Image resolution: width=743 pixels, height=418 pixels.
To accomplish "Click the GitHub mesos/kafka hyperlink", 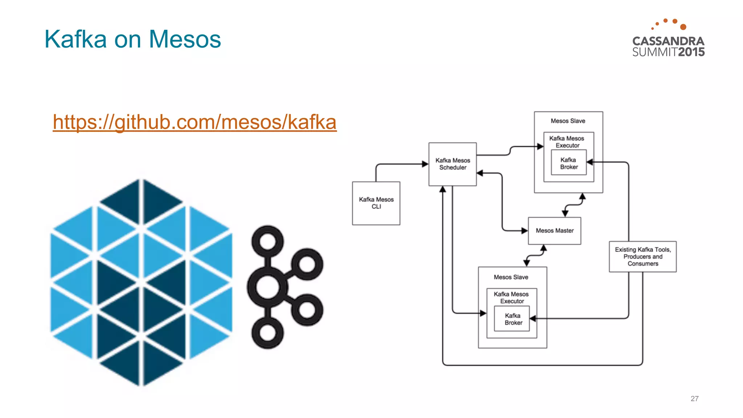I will coord(194,122).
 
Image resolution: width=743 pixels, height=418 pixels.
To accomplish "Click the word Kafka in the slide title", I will coord(75,39).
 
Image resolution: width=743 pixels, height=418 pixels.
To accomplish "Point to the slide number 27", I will coord(694,398).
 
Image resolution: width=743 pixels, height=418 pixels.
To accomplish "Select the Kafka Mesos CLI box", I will coord(376,203).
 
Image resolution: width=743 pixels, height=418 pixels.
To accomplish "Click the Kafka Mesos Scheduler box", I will coord(452,164).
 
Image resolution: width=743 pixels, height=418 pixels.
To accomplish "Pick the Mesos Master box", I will coord(554,231).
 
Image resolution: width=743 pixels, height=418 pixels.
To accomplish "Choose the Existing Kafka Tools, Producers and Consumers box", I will coord(643,257).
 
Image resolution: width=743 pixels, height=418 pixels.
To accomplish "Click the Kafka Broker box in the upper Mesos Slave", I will coord(568,164).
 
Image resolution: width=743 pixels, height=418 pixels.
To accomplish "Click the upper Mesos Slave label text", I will coord(568,121).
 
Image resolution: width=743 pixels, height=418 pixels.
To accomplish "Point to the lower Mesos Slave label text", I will coord(511,277).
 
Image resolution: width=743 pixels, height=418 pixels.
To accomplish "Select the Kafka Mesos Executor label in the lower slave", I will coord(511,298).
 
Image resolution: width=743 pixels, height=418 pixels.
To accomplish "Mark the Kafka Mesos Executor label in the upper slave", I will coord(567,142).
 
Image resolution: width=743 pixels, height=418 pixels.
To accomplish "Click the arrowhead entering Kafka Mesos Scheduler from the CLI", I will coord(425,164).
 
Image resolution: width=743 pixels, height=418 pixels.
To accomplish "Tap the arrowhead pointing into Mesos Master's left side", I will coord(525,230).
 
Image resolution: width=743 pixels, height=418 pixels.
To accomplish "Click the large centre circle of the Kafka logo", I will coord(267,287).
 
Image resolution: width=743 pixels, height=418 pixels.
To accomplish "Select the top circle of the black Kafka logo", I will coord(268,241).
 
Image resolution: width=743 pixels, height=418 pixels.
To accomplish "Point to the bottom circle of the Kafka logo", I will coord(268,333).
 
